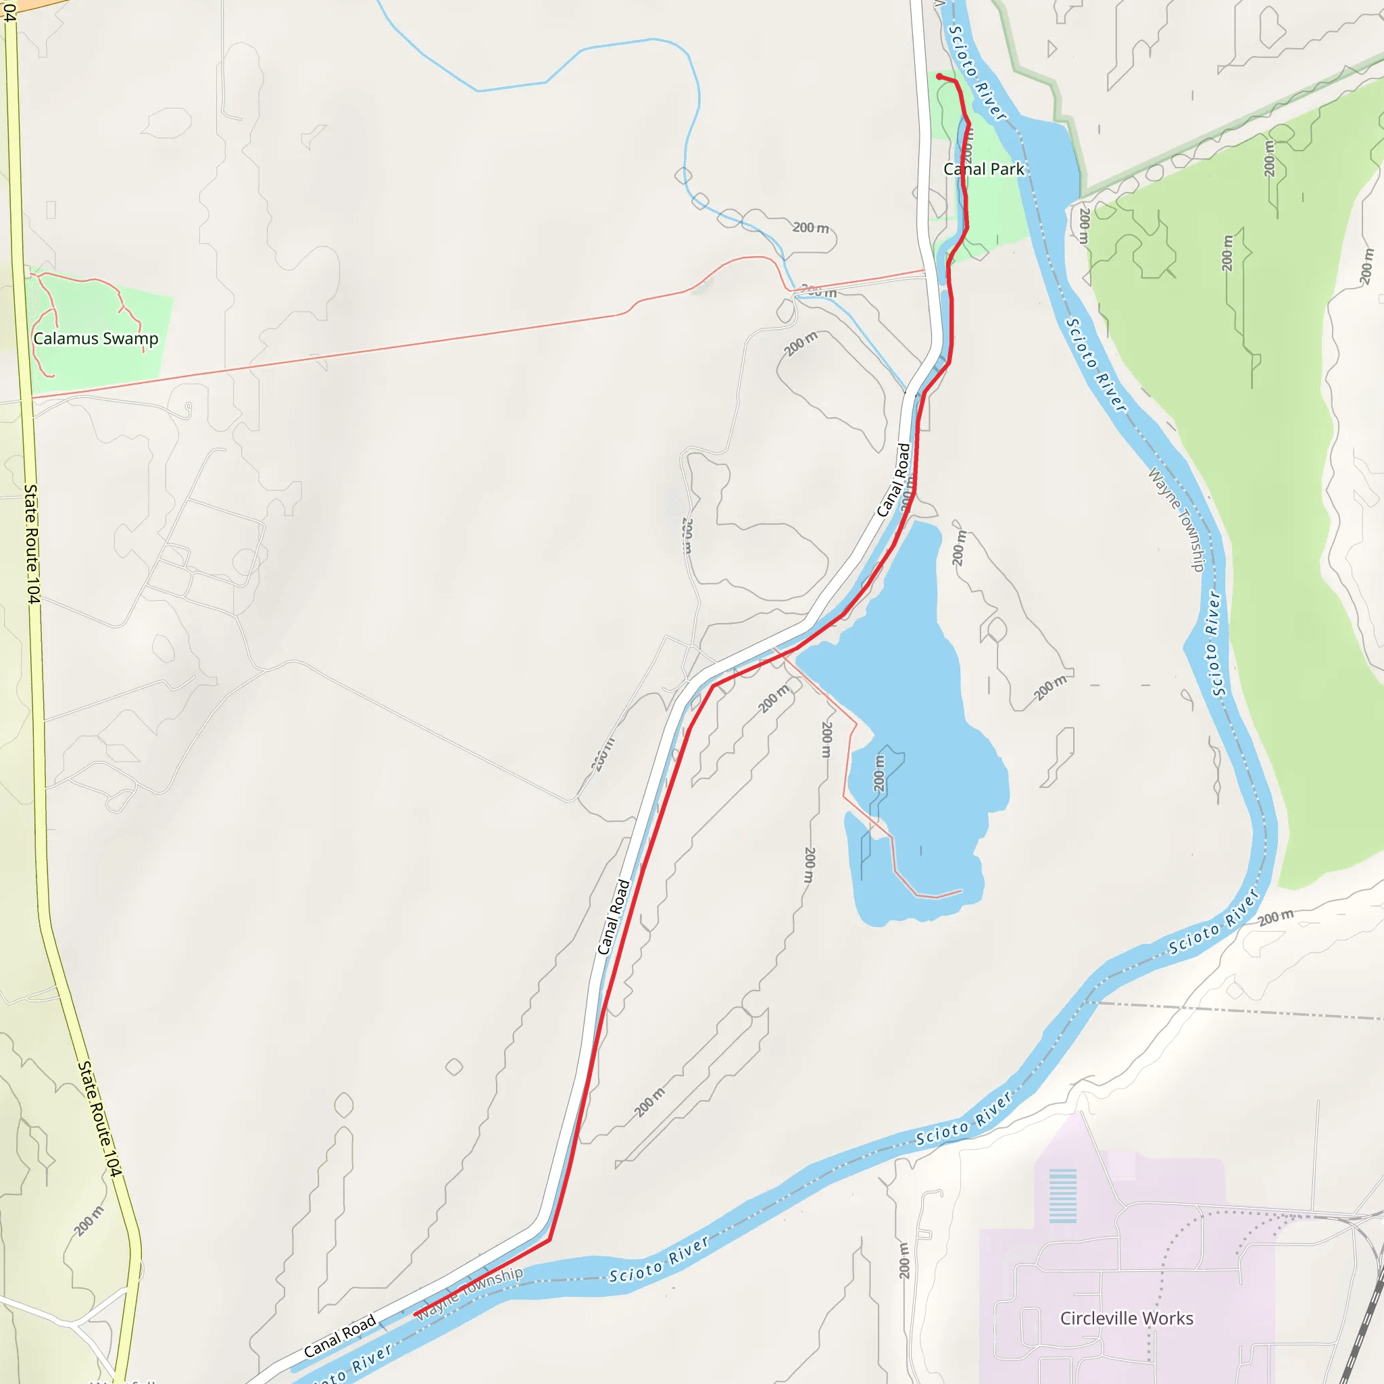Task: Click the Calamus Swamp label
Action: pyautogui.click(x=96, y=338)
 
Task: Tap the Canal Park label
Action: pyautogui.click(x=983, y=169)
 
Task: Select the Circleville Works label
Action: pyautogui.click(x=1127, y=1318)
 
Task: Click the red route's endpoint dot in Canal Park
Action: pyautogui.click(x=939, y=76)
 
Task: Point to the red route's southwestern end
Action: pyautogui.click(x=416, y=1313)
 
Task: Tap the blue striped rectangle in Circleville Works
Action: pyautogui.click(x=1063, y=1195)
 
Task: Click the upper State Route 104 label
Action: pyautogui.click(x=32, y=544)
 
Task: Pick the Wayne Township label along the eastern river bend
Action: pyautogui.click(x=1177, y=520)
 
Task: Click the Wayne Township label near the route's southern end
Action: pyautogui.click(x=470, y=1293)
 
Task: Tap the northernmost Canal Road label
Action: pyautogui.click(x=894, y=480)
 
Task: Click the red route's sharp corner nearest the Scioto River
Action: pyautogui.click(x=549, y=1239)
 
